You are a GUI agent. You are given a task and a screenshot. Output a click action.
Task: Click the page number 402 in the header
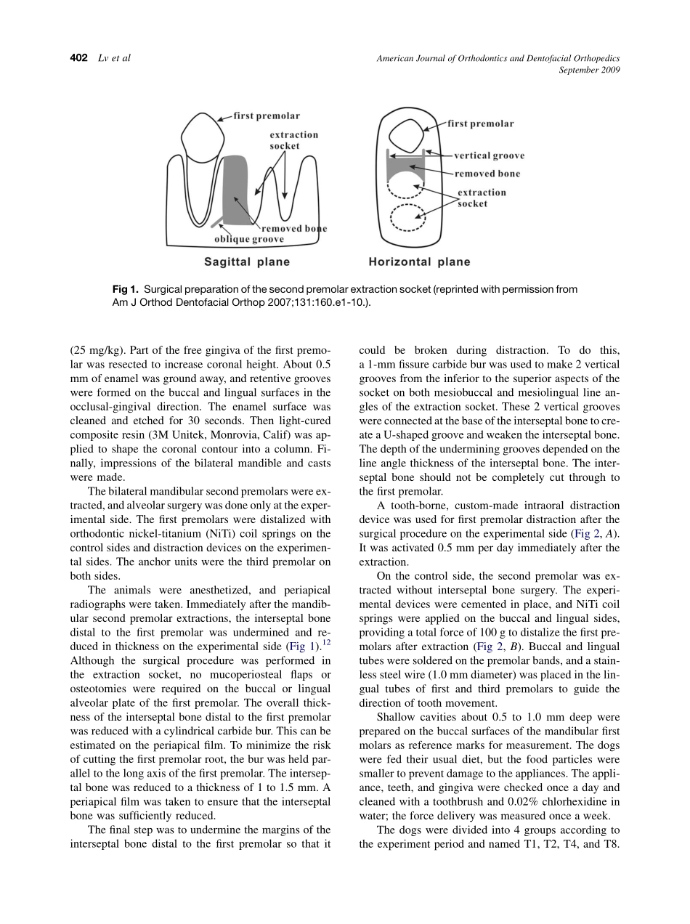78,58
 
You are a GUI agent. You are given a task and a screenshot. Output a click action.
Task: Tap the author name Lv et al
114,58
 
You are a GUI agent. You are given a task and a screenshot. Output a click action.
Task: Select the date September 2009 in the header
589,70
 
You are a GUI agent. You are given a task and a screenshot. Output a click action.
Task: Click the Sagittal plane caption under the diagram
246,262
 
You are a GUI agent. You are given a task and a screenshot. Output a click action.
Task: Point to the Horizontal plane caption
419,262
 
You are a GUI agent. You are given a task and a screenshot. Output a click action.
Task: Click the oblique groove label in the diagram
249,239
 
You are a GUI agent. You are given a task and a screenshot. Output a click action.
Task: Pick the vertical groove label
489,155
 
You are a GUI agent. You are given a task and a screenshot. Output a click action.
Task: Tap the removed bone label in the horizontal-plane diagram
487,174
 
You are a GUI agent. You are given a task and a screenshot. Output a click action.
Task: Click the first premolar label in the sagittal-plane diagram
267,116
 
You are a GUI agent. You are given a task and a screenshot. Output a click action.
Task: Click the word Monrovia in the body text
233,434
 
